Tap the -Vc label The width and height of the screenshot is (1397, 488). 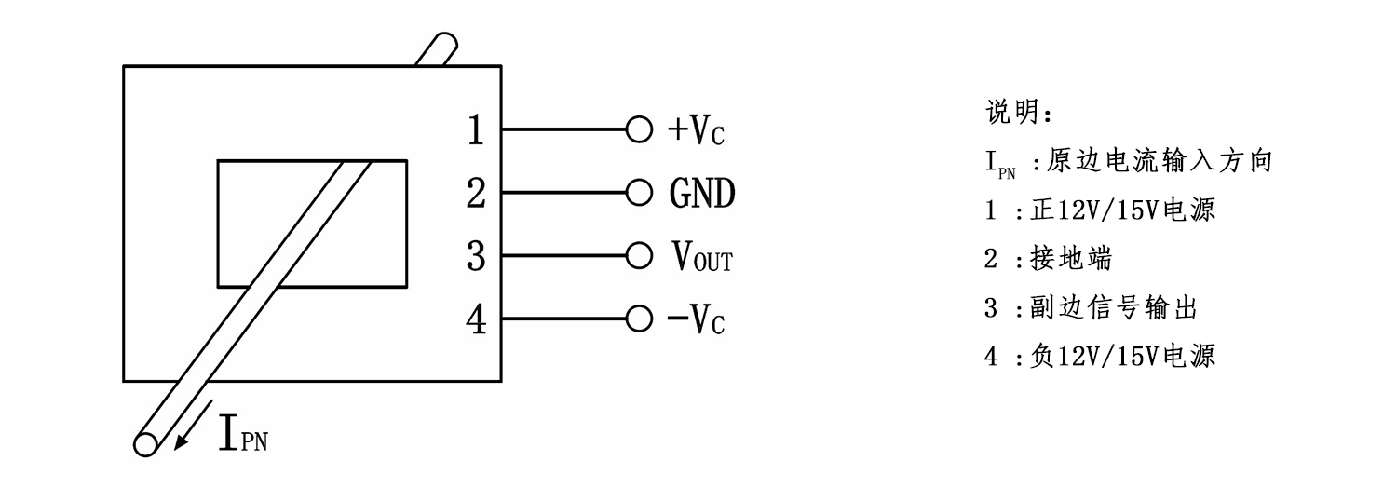click(695, 319)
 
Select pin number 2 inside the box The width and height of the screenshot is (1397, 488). click(476, 194)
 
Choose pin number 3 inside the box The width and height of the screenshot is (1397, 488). click(476, 256)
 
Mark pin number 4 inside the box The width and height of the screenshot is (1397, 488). click(476, 319)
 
